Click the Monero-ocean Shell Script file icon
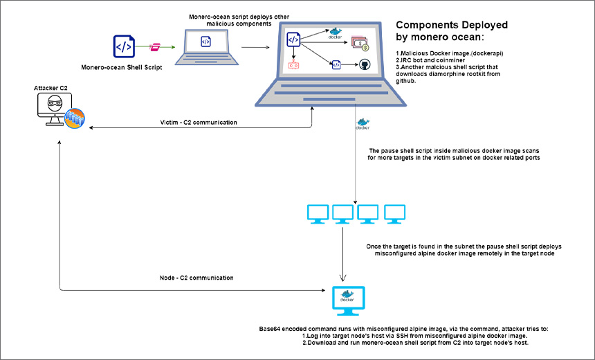click(124, 46)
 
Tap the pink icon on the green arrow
click(156, 47)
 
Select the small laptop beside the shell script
click(205, 45)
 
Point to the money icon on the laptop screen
click(360, 43)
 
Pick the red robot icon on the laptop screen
click(293, 66)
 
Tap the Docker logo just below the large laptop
click(362, 125)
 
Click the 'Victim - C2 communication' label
click(198, 123)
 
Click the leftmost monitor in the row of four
click(318, 213)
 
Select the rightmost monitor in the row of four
click(394, 213)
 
